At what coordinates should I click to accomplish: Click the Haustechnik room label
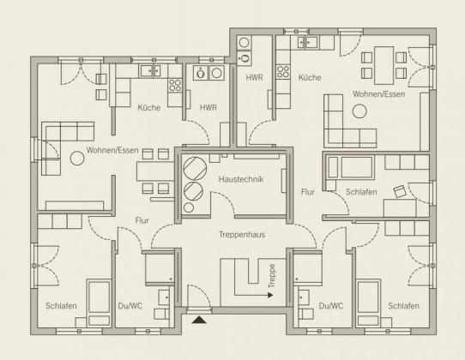pyautogui.click(x=241, y=179)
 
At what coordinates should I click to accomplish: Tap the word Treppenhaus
pyautogui.click(x=242, y=235)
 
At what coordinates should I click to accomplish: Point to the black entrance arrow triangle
pyautogui.click(x=199, y=320)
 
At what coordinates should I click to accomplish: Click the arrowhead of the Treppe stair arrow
pyautogui.click(x=270, y=295)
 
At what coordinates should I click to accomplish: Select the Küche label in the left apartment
pyautogui.click(x=149, y=107)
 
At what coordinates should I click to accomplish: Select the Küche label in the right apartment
pyautogui.click(x=310, y=78)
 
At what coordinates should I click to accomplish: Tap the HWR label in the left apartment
pyautogui.click(x=208, y=107)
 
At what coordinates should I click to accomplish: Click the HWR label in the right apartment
pyautogui.click(x=254, y=78)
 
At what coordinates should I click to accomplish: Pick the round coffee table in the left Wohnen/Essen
pyautogui.click(x=77, y=158)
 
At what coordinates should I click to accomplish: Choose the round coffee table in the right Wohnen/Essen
pyautogui.click(x=359, y=111)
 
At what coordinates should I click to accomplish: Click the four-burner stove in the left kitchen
pyautogui.click(x=175, y=86)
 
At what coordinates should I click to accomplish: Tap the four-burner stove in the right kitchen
pyautogui.click(x=283, y=72)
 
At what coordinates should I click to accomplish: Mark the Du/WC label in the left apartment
pyautogui.click(x=130, y=306)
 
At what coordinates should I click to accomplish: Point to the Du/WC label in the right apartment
pyautogui.click(x=331, y=306)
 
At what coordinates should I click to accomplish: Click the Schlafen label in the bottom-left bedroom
pyautogui.click(x=61, y=306)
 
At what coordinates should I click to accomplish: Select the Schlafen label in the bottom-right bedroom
pyautogui.click(x=403, y=306)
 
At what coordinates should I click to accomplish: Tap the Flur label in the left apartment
pyautogui.click(x=142, y=220)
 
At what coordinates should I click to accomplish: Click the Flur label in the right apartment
pyautogui.click(x=307, y=192)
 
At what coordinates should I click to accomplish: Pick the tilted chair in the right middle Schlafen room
pyautogui.click(x=400, y=191)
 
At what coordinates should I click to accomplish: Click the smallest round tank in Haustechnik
pyautogui.click(x=189, y=207)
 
